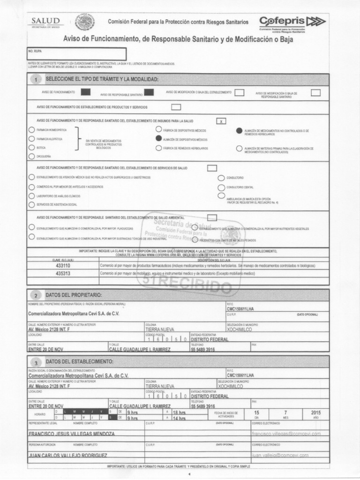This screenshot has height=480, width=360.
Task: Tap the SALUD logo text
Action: pos(45,21)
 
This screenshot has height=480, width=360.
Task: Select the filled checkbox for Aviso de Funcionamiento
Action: pos(86,92)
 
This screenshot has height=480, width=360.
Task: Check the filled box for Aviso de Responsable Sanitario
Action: pos(149,92)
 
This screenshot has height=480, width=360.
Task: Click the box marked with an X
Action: pos(221,121)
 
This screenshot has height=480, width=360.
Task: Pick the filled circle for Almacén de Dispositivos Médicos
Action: pos(159,139)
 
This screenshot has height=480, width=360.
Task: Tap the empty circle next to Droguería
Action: pos(31,157)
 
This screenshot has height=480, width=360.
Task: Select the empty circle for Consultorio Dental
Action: pos(221,187)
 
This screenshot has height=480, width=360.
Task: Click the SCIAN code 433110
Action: pos(63,265)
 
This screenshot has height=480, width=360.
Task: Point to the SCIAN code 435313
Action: pos(63,273)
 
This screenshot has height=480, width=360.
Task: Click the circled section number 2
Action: pos(36,296)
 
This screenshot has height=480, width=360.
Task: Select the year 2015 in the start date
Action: pos(315,412)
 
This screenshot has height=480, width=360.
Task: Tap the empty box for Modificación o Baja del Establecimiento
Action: pos(240,92)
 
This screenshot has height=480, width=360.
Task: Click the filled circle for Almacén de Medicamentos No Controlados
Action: pos(240,131)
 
